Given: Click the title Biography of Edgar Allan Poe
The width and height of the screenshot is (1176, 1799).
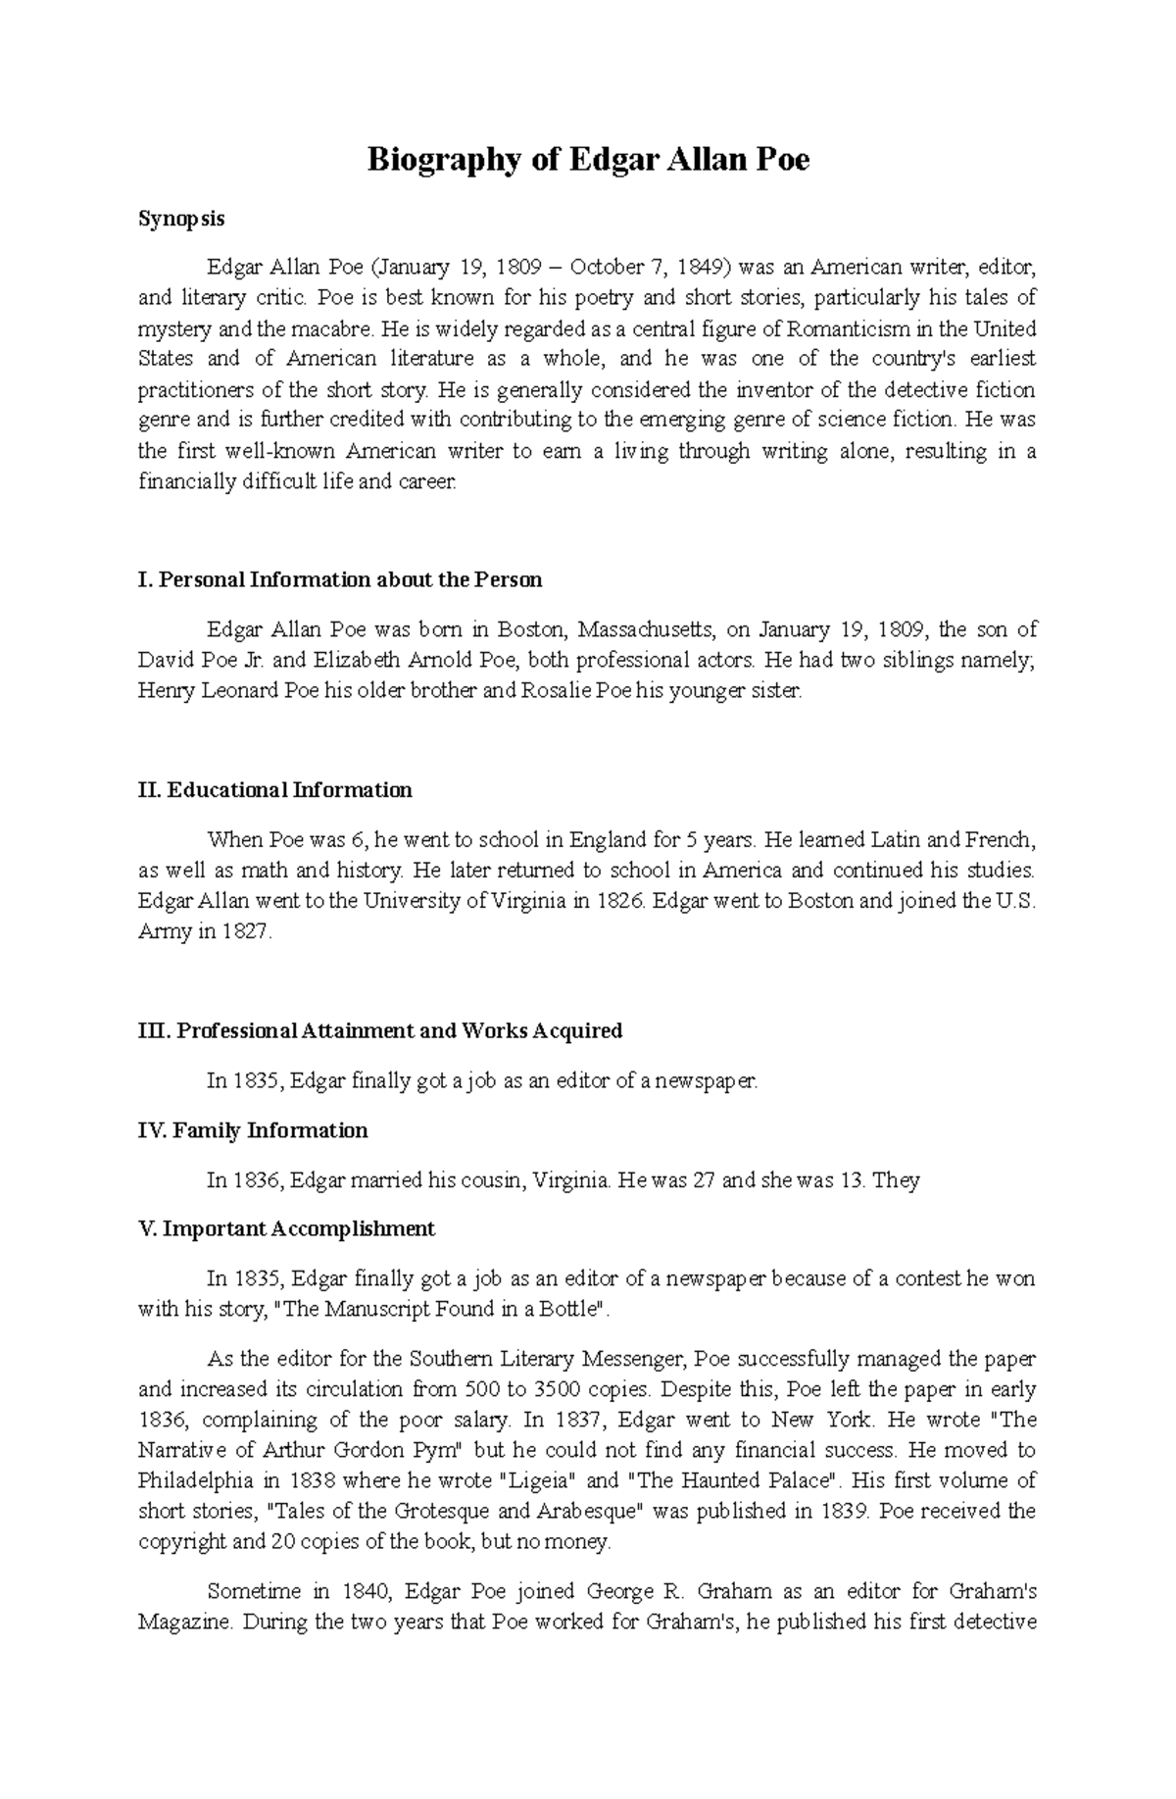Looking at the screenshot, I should coord(588,160).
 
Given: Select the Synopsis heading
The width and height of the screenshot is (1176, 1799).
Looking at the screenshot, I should coord(181,219).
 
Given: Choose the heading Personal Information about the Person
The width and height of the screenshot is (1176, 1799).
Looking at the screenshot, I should coord(340,579).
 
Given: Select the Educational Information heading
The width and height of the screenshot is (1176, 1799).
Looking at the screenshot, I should coord(275,790).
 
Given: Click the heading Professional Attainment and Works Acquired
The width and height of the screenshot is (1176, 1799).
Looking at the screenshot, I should coord(380,1031).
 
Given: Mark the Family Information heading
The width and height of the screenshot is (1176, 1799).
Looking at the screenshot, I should coord(253,1130).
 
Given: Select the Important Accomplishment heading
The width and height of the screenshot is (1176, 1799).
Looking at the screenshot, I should coord(286,1229).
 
